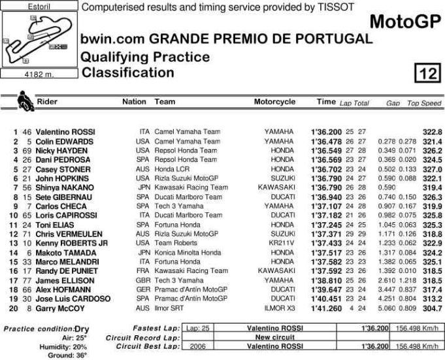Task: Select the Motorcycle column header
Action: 274,102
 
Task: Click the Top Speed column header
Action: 424,103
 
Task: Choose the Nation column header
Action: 134,102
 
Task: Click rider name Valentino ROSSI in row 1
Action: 65,132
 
